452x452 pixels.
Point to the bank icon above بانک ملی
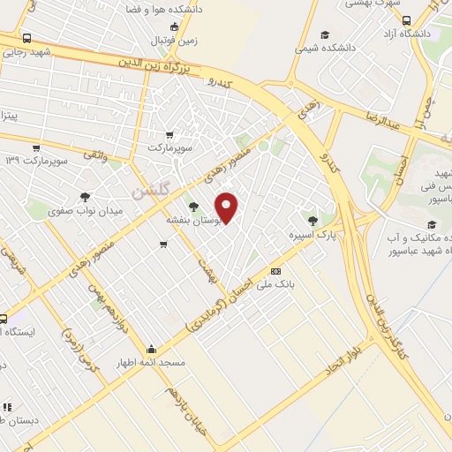pyautogui.click(x=275, y=271)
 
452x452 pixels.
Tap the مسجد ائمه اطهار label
pyautogui.click(x=152, y=362)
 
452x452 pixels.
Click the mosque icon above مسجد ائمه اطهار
pyautogui.click(x=152, y=349)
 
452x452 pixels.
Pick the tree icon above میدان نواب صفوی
pyautogui.click(x=85, y=198)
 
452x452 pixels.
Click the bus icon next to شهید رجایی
pyautogui.click(x=27, y=39)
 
